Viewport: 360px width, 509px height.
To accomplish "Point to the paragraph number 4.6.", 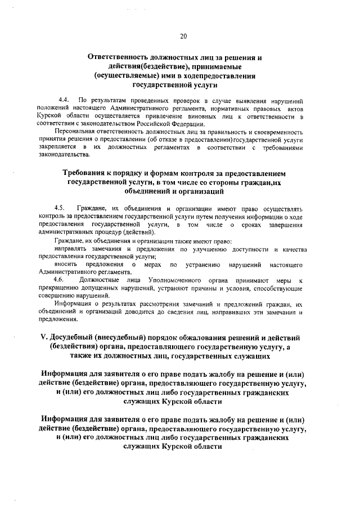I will pyautogui.click(x=60, y=280).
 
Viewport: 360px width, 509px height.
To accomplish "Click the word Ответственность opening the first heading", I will pyautogui.click(x=120, y=58).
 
